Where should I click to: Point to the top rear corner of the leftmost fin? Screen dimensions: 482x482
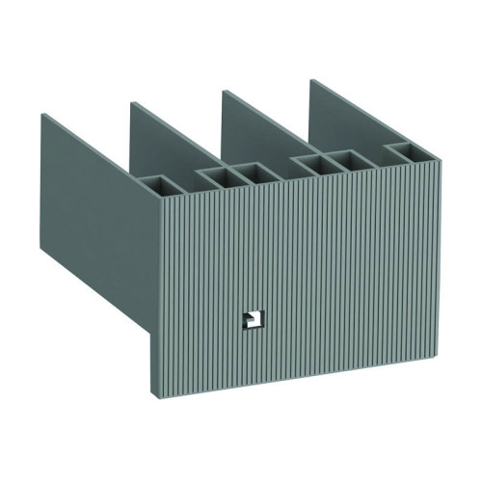click(x=42, y=113)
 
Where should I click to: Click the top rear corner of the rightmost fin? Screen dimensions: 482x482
click(x=310, y=79)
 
